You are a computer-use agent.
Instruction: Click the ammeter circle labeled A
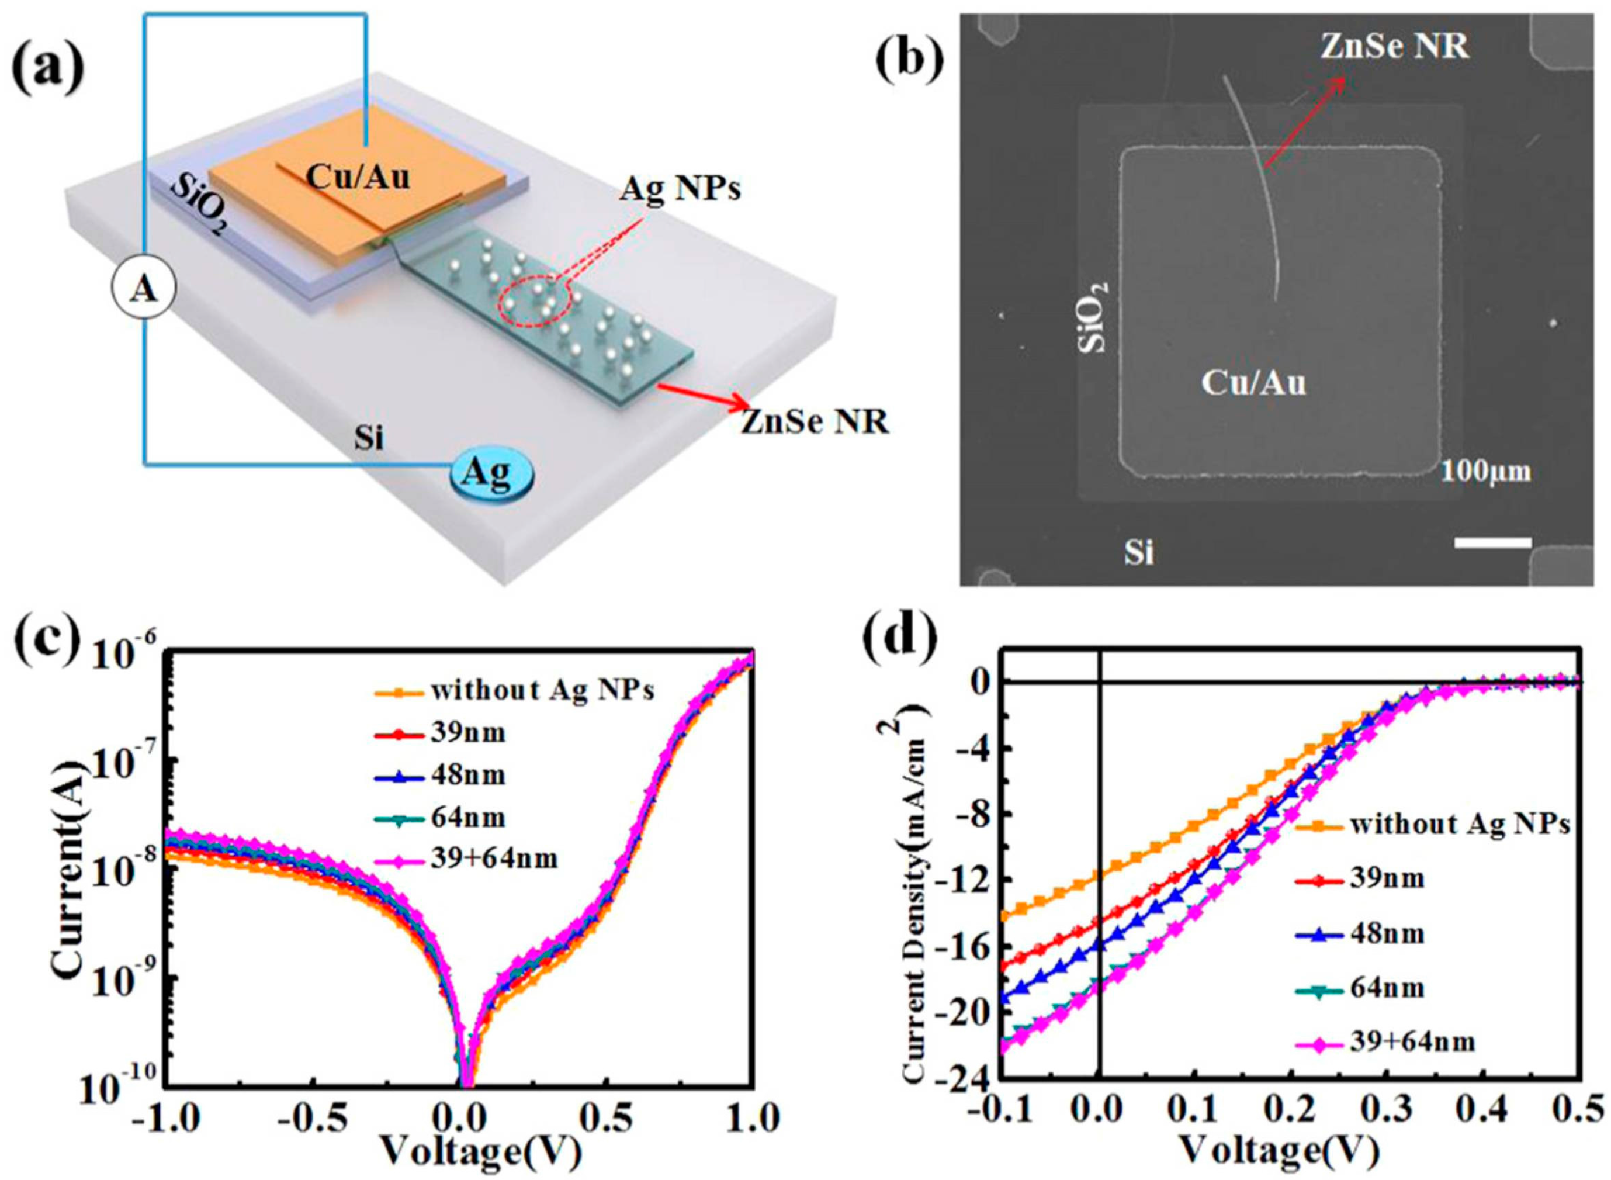pyautogui.click(x=143, y=290)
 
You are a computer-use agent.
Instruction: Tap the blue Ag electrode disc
pyautogui.click(x=491, y=473)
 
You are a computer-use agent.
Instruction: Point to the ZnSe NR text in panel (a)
pyautogui.click(x=814, y=421)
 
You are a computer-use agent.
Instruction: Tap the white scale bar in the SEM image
pyautogui.click(x=1492, y=542)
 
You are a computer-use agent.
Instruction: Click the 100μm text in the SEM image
pyautogui.click(x=1485, y=472)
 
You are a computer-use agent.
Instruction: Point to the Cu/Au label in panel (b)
pyautogui.click(x=1253, y=383)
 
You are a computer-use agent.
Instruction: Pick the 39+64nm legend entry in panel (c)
pyautogui.click(x=493, y=858)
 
